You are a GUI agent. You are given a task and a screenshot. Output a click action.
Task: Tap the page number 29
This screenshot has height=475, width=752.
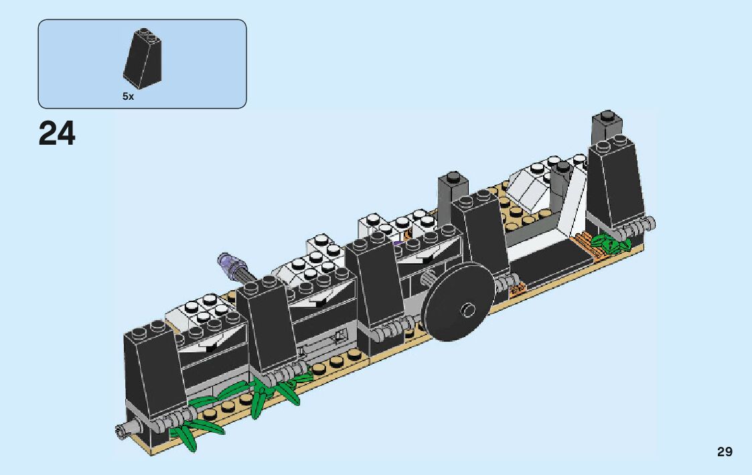pos(725,452)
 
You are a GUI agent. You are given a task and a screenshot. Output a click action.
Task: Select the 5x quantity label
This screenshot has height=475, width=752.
pos(128,96)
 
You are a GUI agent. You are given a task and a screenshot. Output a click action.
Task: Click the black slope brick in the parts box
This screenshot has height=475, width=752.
pos(143,58)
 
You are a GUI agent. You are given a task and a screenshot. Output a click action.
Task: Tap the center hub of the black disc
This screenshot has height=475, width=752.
pos(468,310)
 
